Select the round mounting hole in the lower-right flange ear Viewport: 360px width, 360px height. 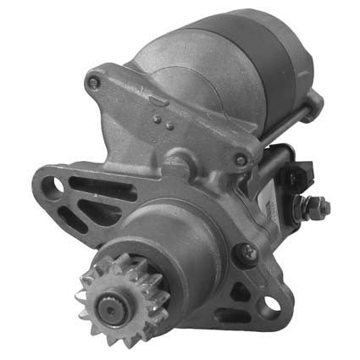coord(274,302)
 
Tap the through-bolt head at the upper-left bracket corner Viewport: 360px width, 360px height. coord(96,82)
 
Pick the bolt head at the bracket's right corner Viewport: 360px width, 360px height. coord(241,159)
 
